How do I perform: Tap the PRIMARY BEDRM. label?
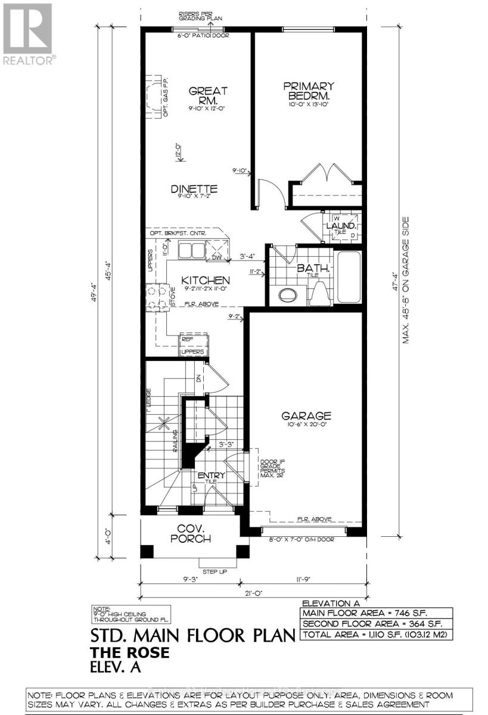pyautogui.click(x=308, y=91)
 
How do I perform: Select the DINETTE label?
pyautogui.click(x=194, y=189)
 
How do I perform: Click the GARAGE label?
pyautogui.click(x=307, y=415)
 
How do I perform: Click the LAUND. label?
pyautogui.click(x=341, y=227)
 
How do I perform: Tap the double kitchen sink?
pyautogui.click(x=192, y=249)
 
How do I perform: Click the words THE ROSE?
pyautogui.click(x=129, y=653)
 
